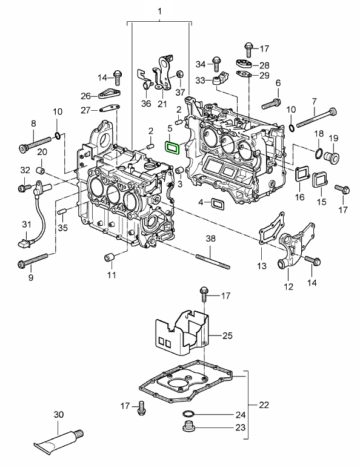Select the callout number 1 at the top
pyautogui.click(x=159, y=12)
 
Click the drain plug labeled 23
pyautogui.click(x=188, y=426)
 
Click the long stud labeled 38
pyautogui.click(x=213, y=262)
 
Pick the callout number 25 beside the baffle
pyautogui.click(x=227, y=335)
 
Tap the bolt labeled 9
pyautogui.click(x=33, y=260)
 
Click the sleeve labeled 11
pyautogui.click(x=110, y=257)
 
